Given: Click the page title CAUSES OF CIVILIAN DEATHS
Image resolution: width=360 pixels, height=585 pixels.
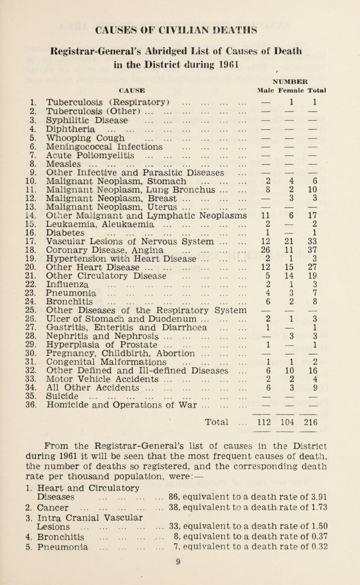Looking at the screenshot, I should point(180,21).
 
